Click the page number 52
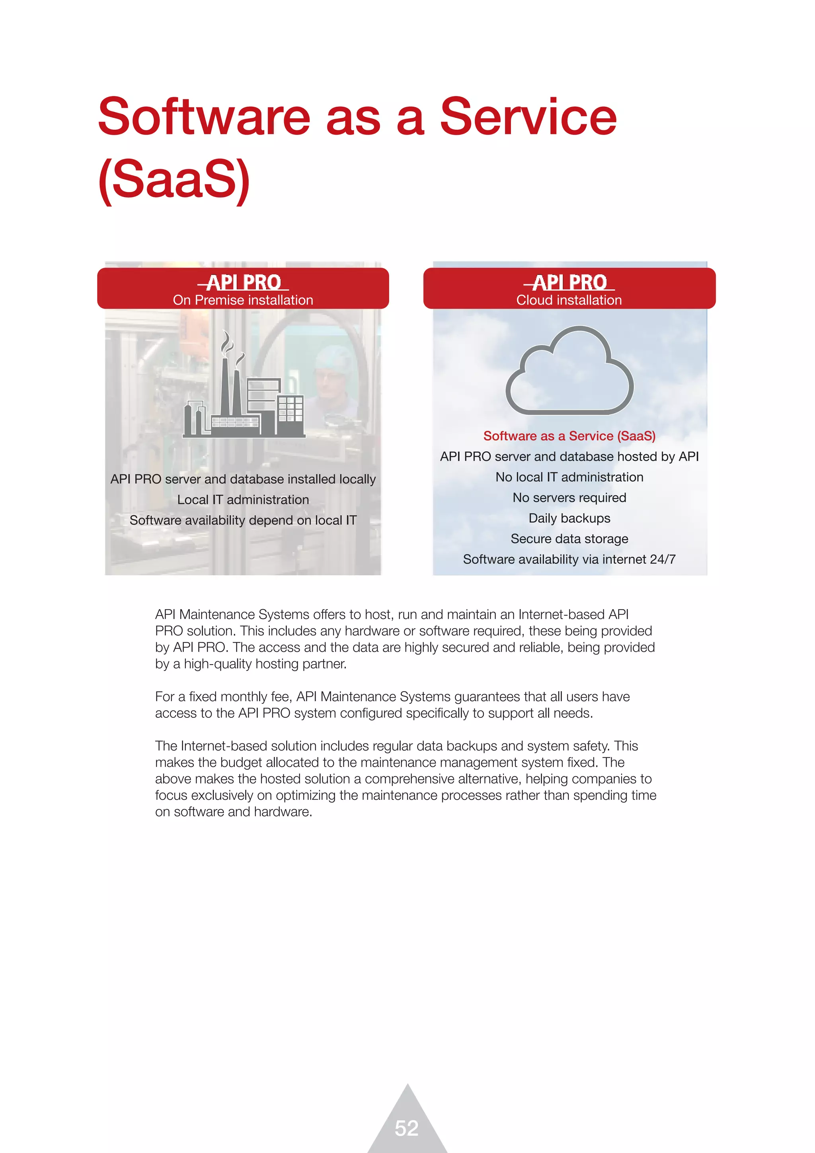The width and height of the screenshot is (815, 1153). coord(406,1128)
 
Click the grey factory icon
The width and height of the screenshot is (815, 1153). coord(244,389)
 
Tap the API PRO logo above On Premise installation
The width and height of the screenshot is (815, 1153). coord(244,282)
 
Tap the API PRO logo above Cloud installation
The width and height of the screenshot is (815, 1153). coord(569,282)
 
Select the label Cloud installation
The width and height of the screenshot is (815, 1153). coord(569,300)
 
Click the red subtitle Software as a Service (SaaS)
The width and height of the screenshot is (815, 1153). coord(569,436)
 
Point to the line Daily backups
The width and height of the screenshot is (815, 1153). coord(569,518)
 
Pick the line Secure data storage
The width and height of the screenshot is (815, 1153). coord(569,539)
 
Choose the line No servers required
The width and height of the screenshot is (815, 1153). coord(569,498)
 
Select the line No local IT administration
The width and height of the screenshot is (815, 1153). coord(569,477)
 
